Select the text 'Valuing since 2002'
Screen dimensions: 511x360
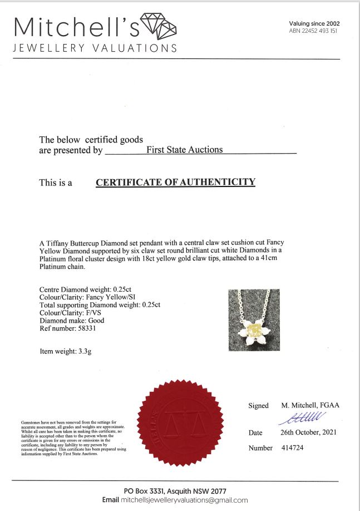pos(314,23)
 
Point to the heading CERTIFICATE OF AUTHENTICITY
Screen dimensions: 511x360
pos(175,182)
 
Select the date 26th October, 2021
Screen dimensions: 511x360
pos(308,433)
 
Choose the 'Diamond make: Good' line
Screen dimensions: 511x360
pos(72,320)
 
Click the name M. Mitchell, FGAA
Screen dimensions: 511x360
pos(310,406)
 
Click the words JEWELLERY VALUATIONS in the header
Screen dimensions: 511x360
pos(95,48)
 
